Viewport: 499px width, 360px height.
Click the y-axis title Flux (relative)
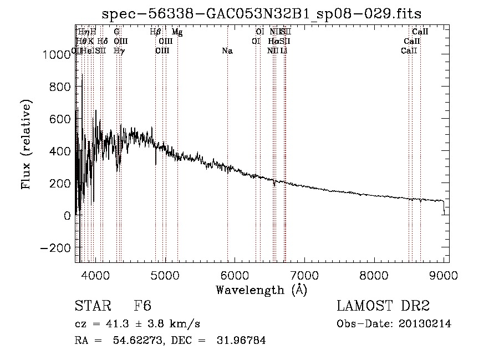[26, 144]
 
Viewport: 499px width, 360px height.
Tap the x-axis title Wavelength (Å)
[261, 289]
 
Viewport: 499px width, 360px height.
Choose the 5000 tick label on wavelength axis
[164, 275]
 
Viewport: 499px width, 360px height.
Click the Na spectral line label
[227, 51]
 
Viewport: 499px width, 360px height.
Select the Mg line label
[177, 32]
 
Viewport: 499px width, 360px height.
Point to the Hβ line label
[155, 32]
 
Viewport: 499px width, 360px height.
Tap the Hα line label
[274, 42]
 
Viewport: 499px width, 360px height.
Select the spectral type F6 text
[142, 306]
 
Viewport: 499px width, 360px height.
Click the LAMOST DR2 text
[383, 306]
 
